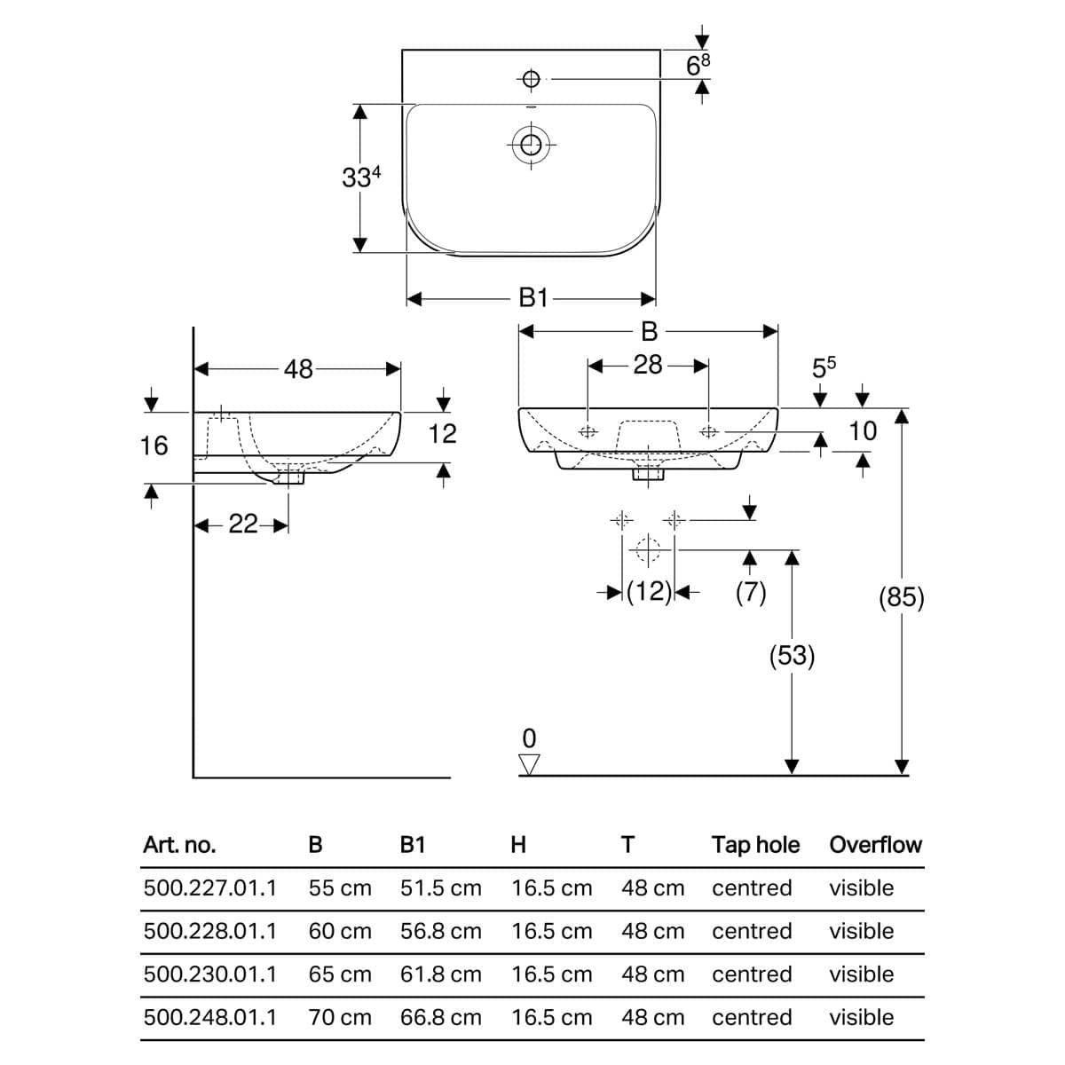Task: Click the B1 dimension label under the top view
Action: pos(533,298)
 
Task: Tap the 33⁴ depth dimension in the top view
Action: pos(361,177)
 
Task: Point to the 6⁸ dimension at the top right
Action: pos(698,65)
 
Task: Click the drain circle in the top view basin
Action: pos(531,145)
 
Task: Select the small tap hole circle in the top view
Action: pos(531,79)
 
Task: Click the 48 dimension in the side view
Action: pos(298,369)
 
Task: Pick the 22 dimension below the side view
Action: pos(243,524)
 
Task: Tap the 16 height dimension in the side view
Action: pos(154,446)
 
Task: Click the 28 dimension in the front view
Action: pos(648,366)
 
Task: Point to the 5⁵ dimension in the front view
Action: pos(824,367)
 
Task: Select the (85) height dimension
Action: pos(902,597)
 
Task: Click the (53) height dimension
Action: pos(792,656)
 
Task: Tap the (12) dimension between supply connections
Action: pos(649,592)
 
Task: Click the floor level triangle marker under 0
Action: pos(530,765)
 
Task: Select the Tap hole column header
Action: pos(755,845)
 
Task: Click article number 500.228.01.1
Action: pos(210,931)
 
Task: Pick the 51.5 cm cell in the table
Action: pos(441,888)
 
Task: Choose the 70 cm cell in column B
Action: pos(340,1017)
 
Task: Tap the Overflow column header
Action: pos(875,845)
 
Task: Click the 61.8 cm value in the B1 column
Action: pos(441,974)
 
